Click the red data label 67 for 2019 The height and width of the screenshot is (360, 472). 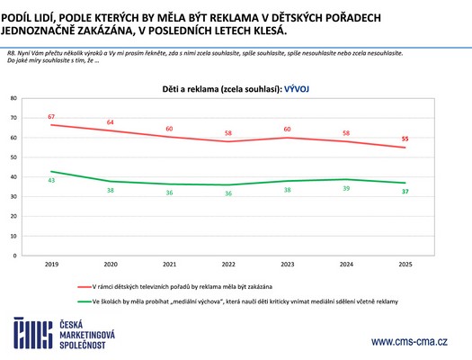(x=53, y=117)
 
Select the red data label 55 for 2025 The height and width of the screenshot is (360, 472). (x=405, y=139)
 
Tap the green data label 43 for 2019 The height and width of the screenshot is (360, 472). (x=53, y=181)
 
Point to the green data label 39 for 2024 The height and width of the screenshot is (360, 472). (x=346, y=187)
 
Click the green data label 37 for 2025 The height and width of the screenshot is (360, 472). (x=405, y=192)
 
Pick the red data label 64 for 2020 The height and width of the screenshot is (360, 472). (x=111, y=122)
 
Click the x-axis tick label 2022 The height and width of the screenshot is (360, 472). (x=229, y=265)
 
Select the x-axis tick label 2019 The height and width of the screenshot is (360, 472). (x=53, y=265)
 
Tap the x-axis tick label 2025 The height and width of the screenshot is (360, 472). (x=405, y=265)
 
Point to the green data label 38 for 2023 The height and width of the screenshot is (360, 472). (x=288, y=190)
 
